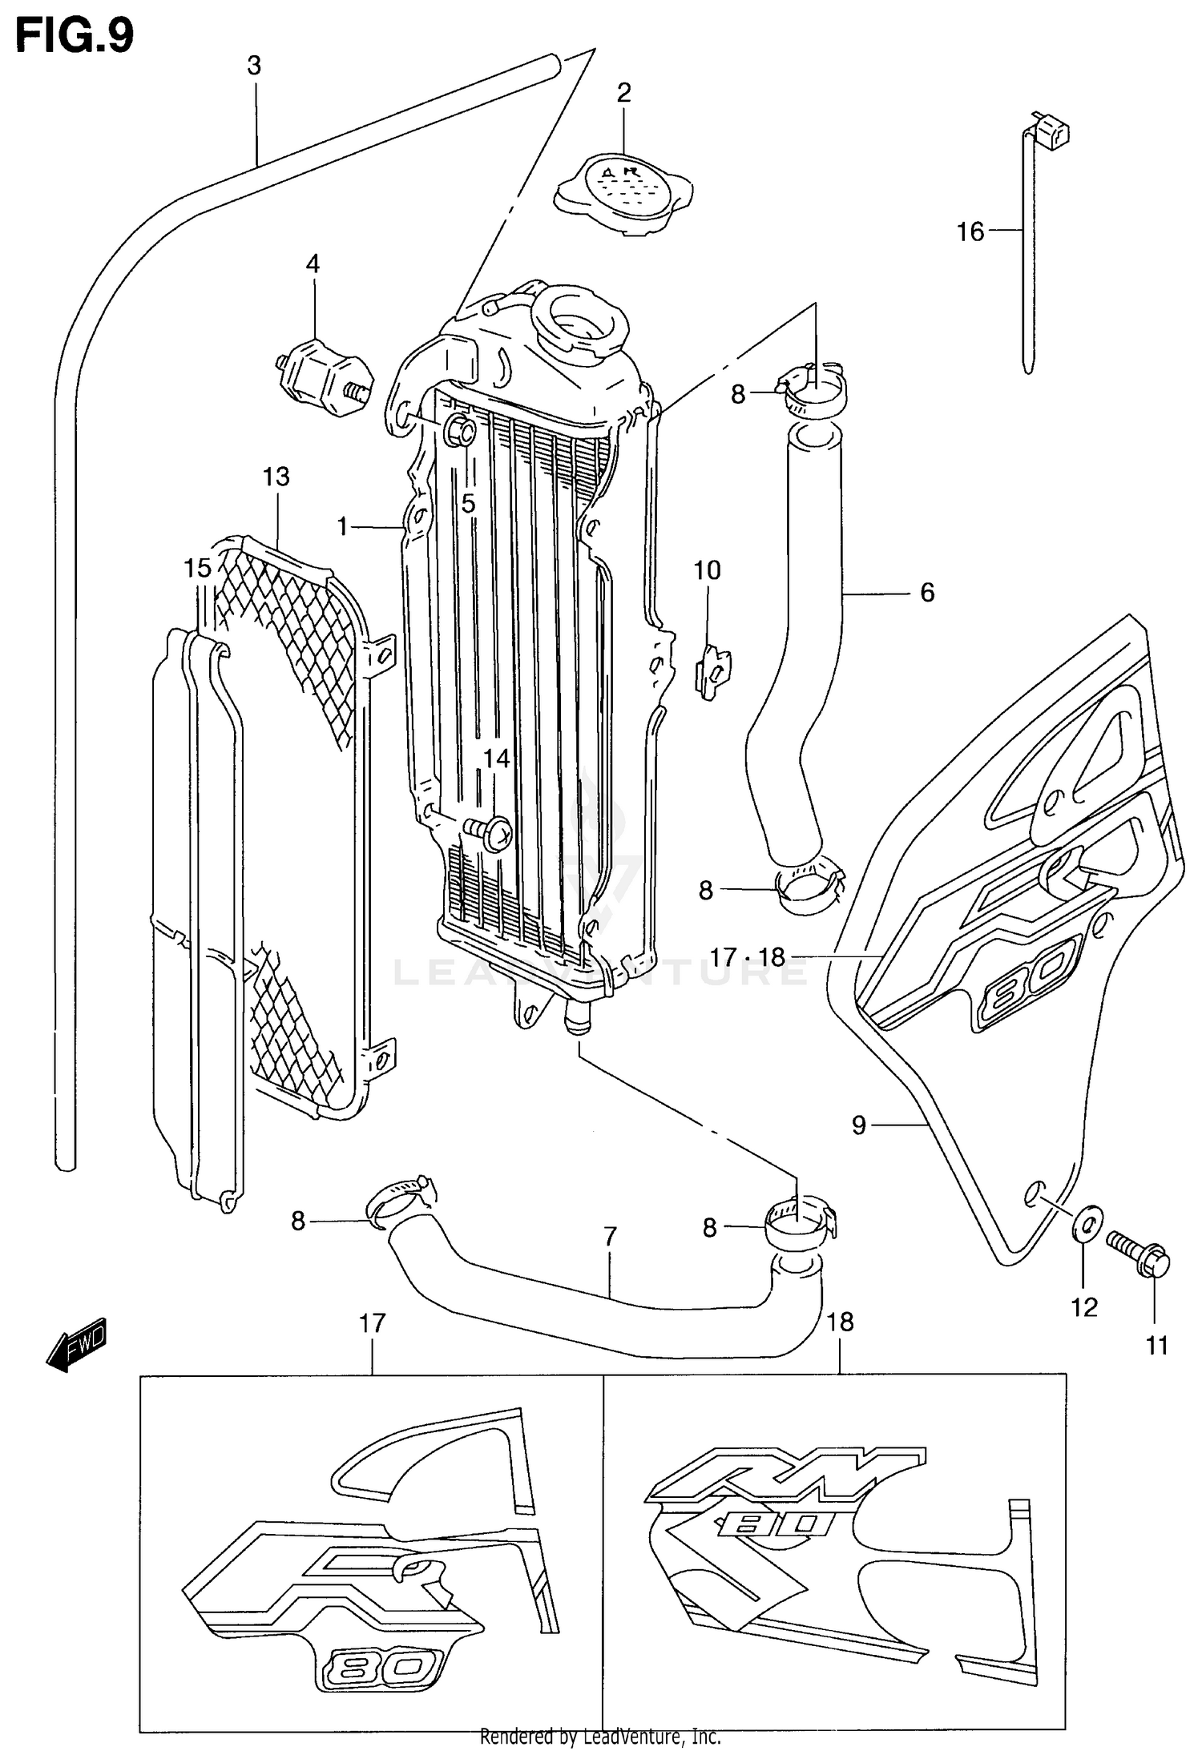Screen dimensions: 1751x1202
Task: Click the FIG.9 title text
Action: (75, 35)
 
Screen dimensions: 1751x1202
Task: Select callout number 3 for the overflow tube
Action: (254, 66)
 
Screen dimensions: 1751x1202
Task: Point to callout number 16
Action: (970, 232)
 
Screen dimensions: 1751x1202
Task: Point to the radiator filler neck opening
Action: (579, 325)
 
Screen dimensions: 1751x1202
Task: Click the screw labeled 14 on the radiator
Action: (493, 835)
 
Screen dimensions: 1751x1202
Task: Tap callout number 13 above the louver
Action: (276, 477)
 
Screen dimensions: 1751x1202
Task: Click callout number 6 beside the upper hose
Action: (927, 593)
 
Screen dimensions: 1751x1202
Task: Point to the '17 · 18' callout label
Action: (747, 957)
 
